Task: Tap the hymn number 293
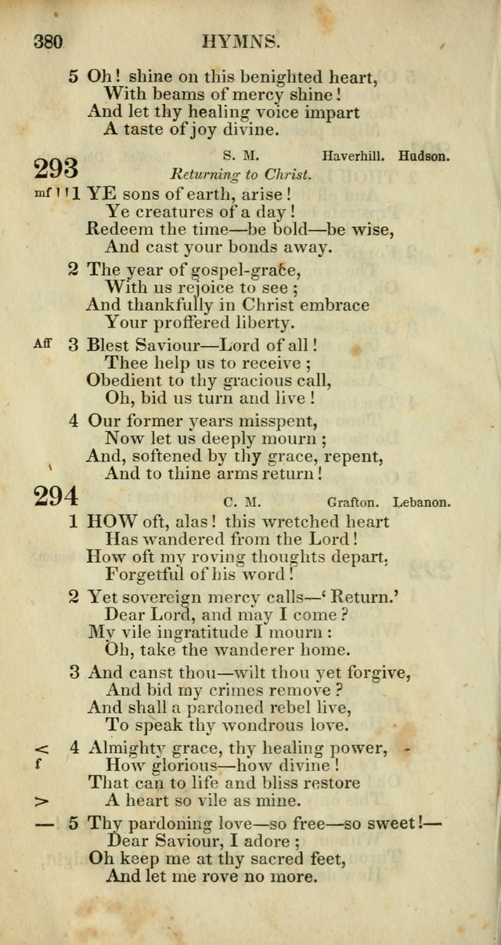click(x=56, y=168)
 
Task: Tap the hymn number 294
click(x=56, y=498)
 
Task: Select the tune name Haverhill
click(x=353, y=156)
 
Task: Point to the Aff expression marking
click(x=42, y=342)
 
